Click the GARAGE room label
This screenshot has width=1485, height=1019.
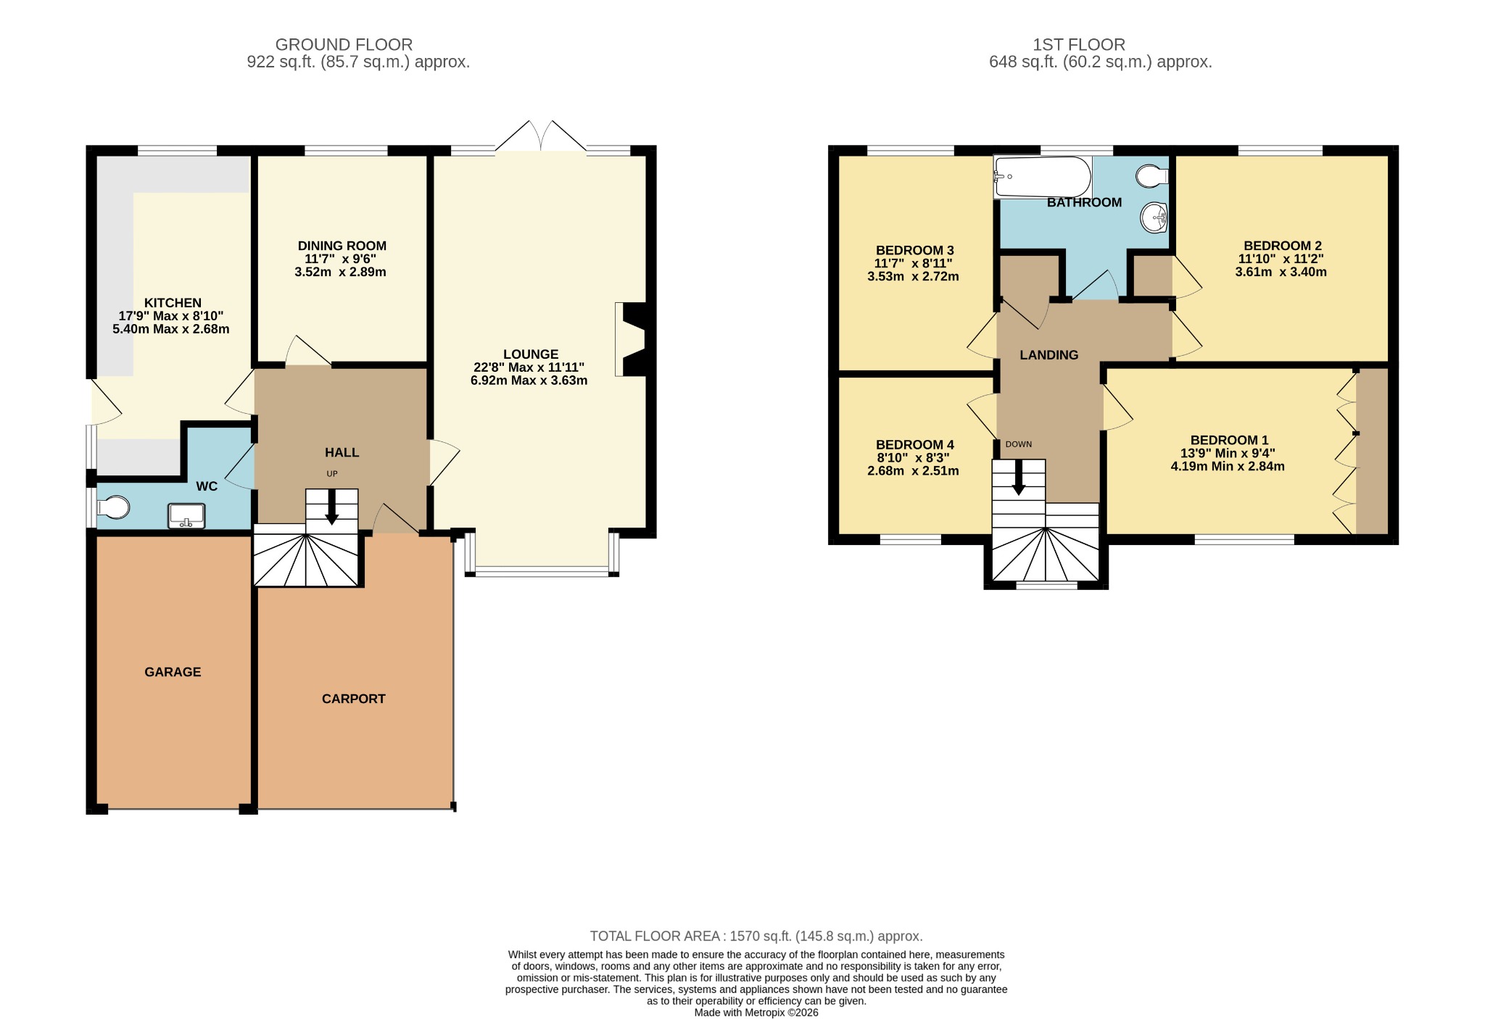173,672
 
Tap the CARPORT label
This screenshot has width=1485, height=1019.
354,699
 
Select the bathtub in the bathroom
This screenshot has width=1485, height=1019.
1043,177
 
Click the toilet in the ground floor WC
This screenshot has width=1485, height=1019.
112,507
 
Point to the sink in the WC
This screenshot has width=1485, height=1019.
186,516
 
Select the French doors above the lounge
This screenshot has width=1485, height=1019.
541,136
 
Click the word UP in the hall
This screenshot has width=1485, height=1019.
332,474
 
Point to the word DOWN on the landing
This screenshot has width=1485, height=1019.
1018,444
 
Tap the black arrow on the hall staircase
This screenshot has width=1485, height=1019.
332,507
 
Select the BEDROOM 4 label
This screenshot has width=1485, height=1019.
914,445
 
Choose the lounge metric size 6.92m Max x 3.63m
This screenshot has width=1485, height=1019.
529,380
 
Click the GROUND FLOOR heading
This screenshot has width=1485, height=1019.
344,45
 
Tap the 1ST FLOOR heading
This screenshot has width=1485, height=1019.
1079,45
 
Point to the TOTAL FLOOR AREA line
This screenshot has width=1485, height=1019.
756,936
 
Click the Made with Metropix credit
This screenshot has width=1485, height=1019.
756,1012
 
